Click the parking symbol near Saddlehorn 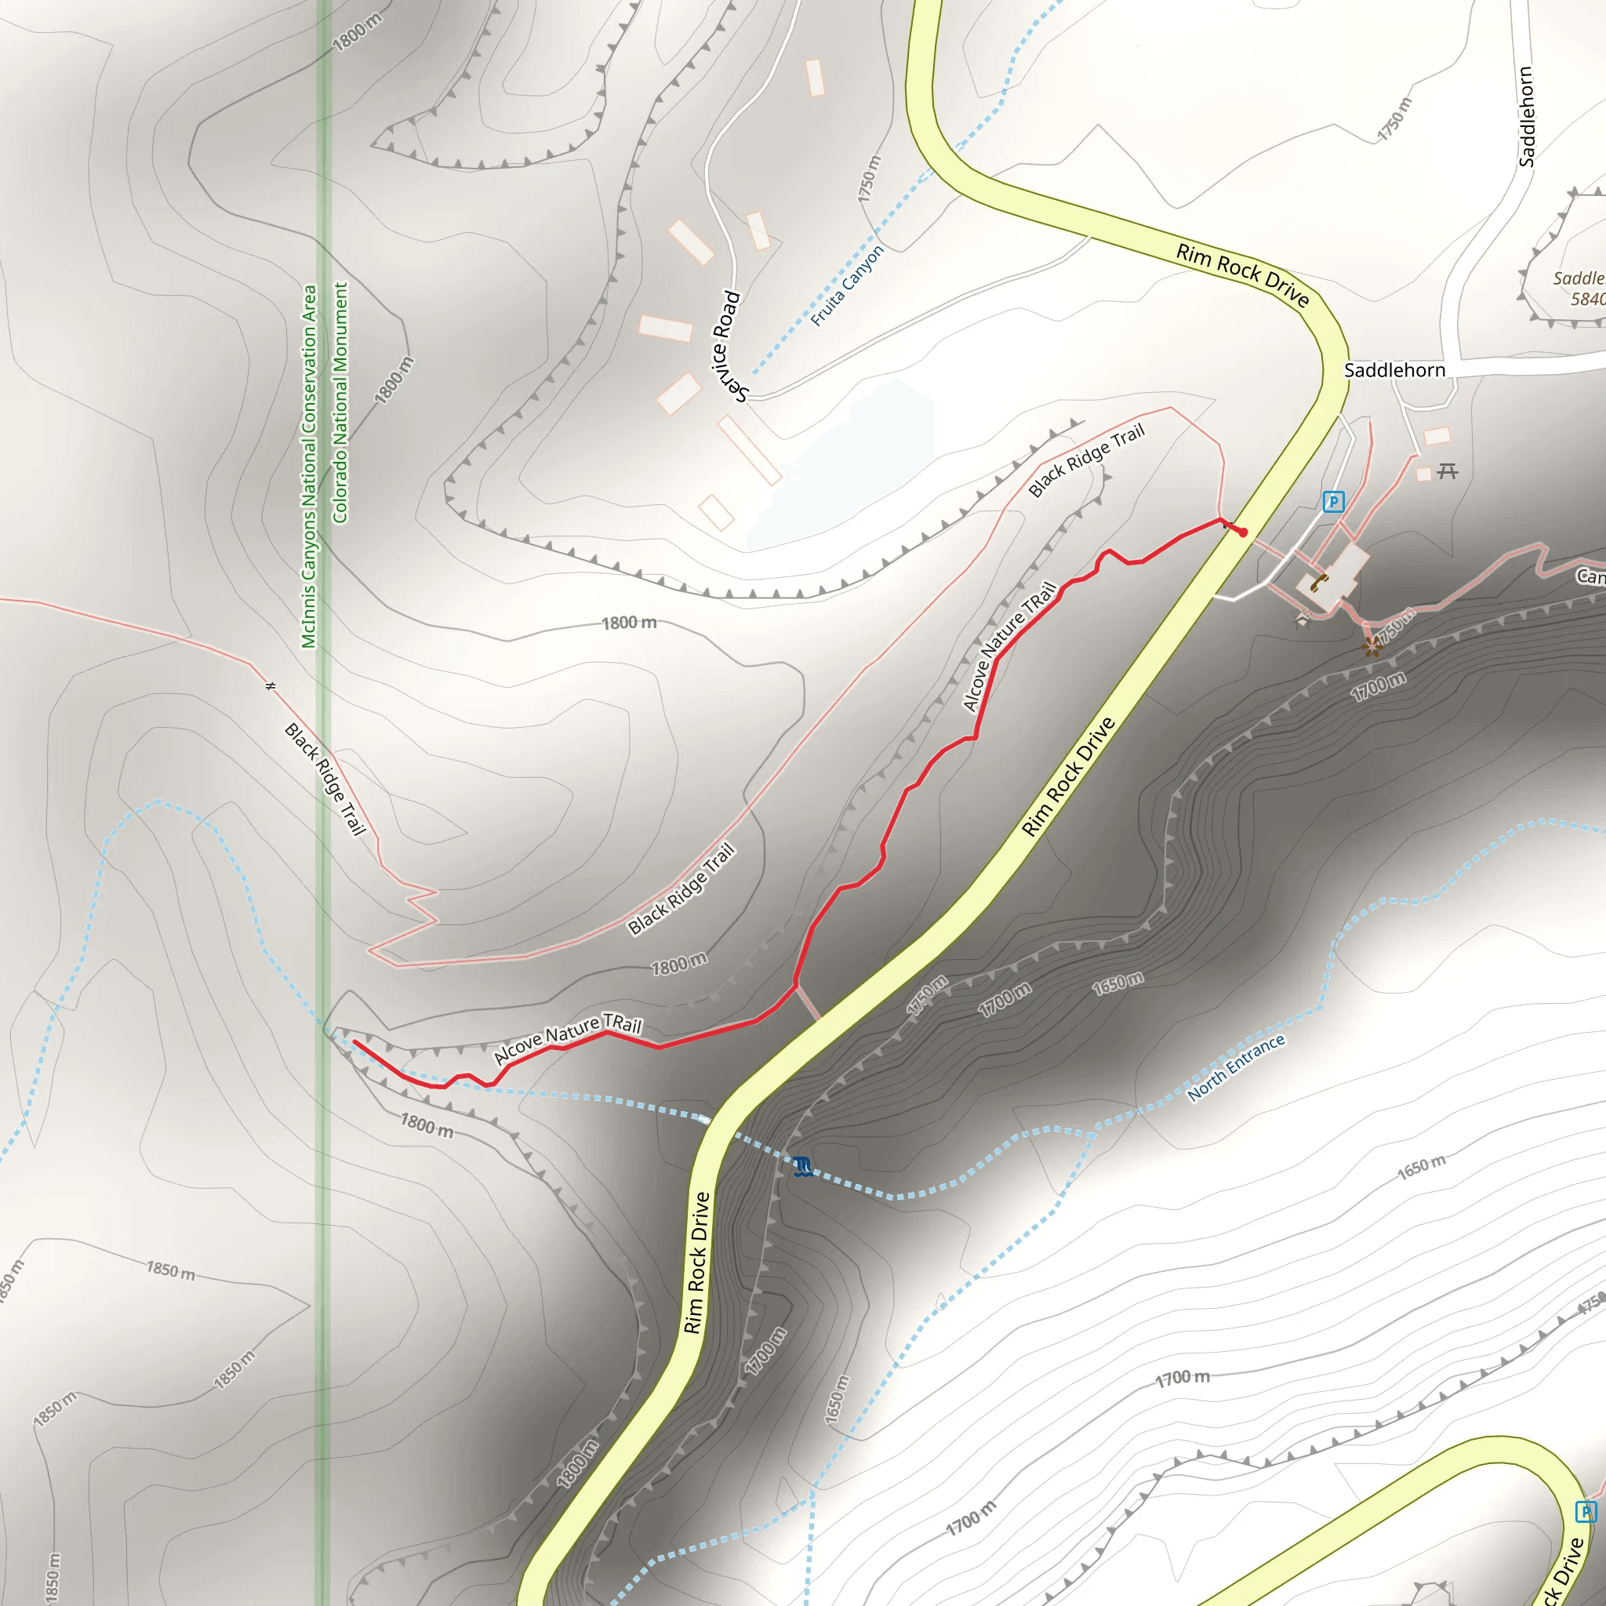1332,501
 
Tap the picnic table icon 1448,471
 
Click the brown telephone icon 1318,582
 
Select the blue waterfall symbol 801,1166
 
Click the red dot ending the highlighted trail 1244,532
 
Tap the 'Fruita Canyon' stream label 847,285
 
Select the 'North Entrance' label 1236,1067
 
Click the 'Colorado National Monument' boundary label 340,402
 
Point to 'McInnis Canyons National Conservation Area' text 308,466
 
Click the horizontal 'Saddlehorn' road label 1394,370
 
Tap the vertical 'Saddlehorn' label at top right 1526,116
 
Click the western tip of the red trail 356,1041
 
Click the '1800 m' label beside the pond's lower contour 628,623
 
